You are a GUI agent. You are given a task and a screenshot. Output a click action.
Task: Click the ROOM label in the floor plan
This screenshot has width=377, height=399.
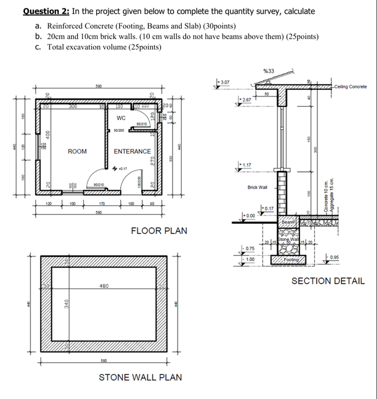click(x=77, y=151)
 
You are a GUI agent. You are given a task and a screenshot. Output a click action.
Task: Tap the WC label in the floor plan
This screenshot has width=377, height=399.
click(x=121, y=118)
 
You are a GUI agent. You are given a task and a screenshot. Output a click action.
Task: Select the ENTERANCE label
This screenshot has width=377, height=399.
click(x=132, y=151)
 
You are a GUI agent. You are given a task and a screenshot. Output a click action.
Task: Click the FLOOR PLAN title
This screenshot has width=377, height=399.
click(x=159, y=231)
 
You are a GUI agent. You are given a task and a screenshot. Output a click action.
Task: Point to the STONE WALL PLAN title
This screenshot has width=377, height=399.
click(x=141, y=377)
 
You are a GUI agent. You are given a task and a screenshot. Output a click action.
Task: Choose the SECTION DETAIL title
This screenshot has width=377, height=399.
click(x=328, y=281)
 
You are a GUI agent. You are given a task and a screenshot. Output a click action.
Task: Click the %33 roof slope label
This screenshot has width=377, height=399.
click(x=269, y=71)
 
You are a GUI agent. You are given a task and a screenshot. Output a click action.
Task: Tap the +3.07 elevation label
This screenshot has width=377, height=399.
click(x=225, y=82)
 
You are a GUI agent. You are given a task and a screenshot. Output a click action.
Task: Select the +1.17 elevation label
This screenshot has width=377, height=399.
click(x=245, y=165)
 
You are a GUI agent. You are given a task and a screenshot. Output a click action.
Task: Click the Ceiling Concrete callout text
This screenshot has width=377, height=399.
click(x=350, y=87)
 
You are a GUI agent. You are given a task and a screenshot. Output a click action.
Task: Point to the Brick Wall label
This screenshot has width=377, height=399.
click(x=257, y=187)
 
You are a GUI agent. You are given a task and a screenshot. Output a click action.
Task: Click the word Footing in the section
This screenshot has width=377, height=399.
click(x=291, y=259)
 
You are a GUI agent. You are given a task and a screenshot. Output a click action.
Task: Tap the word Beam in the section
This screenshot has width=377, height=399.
click(x=287, y=222)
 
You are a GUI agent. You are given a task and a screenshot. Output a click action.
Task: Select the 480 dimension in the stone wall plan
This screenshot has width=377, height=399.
click(x=103, y=286)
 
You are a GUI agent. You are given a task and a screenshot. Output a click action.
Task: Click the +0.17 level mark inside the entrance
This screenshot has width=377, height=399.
click(x=122, y=169)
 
